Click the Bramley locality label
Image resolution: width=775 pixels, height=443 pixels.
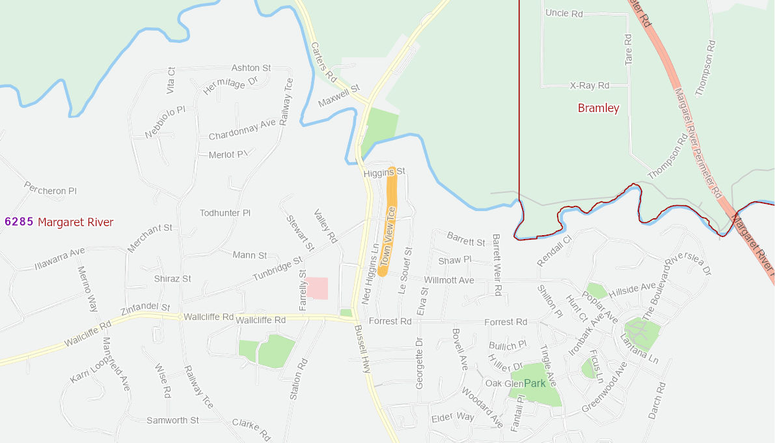tap(598, 108)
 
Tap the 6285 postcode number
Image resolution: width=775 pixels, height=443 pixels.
tap(18, 221)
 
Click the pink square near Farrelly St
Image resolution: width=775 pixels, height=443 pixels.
tap(317, 288)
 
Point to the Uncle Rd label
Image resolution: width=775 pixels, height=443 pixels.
tap(564, 13)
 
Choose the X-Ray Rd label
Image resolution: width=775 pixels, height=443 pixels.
tap(589, 85)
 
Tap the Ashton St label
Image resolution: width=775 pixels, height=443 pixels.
tap(251, 68)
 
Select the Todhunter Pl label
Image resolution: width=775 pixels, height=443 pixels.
tap(225, 213)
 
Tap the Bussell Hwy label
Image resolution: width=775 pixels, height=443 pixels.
tap(362, 349)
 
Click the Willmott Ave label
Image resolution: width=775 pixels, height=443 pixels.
tap(449, 280)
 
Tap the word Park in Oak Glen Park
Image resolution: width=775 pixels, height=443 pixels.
tap(534, 383)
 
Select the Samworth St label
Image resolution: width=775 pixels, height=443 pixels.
tap(172, 420)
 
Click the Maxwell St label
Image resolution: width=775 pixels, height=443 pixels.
tap(339, 96)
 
